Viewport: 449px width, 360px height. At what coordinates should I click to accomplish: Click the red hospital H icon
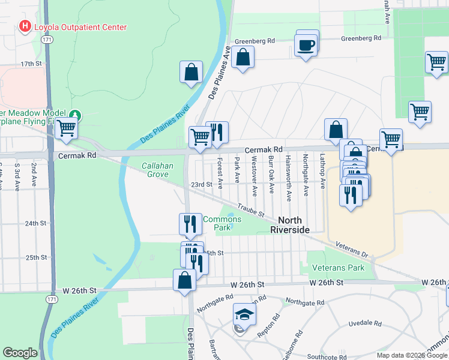(x=25, y=26)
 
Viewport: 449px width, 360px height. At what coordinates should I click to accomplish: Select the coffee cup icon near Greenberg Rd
(x=306, y=46)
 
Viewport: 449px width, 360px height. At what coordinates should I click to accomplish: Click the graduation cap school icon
(x=244, y=313)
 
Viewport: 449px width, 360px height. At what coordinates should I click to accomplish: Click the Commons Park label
(x=222, y=223)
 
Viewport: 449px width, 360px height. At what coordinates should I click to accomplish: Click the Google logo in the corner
(x=20, y=353)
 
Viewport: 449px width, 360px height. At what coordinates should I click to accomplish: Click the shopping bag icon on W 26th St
(x=185, y=280)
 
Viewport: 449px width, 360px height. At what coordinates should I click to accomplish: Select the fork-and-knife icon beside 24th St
(x=190, y=224)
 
